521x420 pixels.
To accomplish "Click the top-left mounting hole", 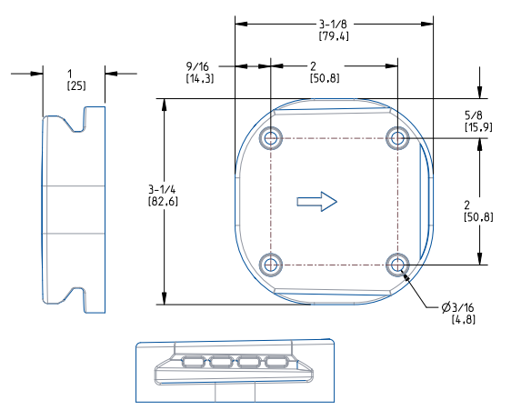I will click(x=271, y=138).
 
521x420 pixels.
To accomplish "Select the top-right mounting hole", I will click(x=396, y=138).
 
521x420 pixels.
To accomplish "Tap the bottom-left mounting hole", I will click(x=271, y=265).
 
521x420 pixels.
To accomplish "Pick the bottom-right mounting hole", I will click(x=396, y=265).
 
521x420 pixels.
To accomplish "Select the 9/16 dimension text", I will click(x=199, y=73).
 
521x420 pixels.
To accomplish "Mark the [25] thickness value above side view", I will click(x=76, y=85).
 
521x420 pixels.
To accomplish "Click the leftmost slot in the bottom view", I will click(x=194, y=363).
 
